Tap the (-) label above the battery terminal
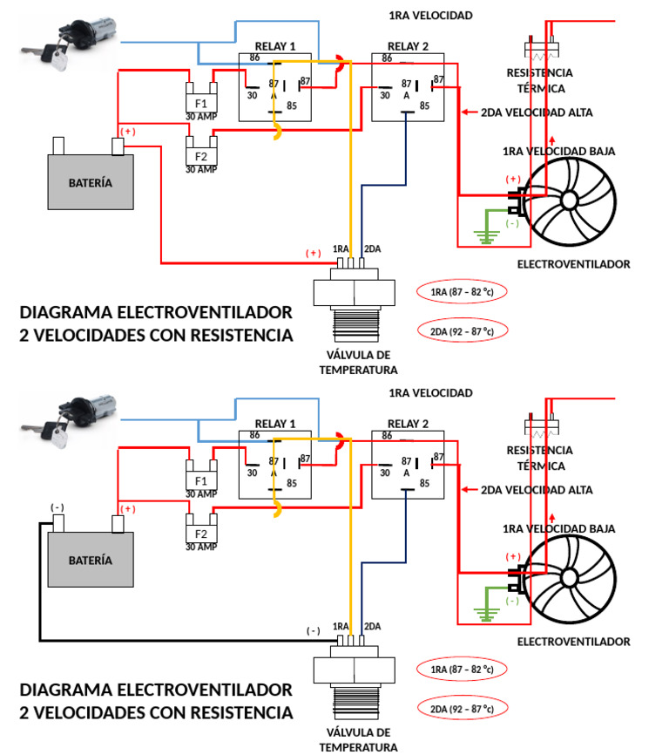[x=57, y=507]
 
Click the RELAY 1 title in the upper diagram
[x=275, y=46]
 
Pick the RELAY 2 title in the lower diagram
[x=408, y=424]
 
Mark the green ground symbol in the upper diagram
[x=483, y=235]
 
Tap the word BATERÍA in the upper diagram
[x=91, y=183]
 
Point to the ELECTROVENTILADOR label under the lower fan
[x=573, y=642]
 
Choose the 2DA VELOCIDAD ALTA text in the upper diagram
[x=537, y=112]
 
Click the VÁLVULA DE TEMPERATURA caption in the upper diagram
[x=358, y=362]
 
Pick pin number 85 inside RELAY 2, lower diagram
[x=424, y=483]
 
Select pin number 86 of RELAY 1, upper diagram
[x=254, y=58]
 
